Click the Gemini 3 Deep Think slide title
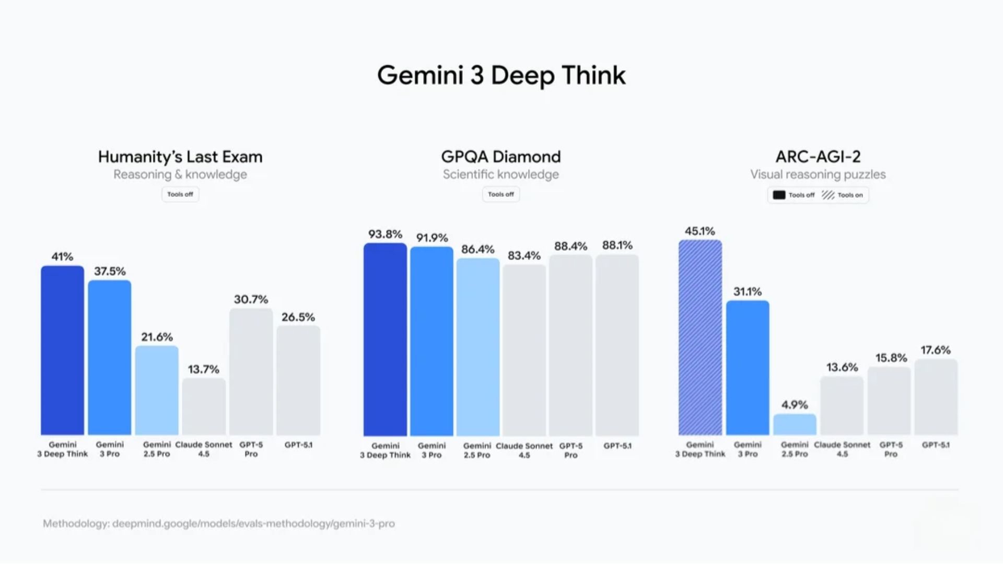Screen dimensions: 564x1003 tap(501, 75)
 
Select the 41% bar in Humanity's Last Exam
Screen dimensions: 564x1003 tap(62, 350)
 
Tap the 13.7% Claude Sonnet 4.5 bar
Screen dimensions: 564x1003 tap(204, 406)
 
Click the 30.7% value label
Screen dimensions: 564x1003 tap(251, 299)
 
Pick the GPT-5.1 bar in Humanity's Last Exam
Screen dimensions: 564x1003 tap(298, 380)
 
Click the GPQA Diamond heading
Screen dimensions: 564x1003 tap(500, 157)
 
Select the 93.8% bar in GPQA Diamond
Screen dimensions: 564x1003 tap(385, 339)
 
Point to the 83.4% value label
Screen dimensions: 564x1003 tap(524, 255)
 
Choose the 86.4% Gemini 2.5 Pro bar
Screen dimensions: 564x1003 tap(477, 347)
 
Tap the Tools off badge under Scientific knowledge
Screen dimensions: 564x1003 tap(500, 194)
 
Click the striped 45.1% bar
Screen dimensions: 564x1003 tap(700, 337)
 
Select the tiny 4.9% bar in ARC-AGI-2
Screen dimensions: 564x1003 tap(795, 424)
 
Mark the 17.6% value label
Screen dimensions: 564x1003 tap(936, 350)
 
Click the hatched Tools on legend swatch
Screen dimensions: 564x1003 tap(828, 195)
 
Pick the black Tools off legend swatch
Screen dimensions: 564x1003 tap(779, 195)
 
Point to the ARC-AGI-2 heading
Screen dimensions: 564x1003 tap(818, 157)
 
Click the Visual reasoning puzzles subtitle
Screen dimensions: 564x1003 tap(818, 174)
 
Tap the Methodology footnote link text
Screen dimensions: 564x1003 tap(219, 523)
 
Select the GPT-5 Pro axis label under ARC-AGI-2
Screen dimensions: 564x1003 tap(891, 449)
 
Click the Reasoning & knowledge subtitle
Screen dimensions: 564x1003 tap(180, 174)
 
